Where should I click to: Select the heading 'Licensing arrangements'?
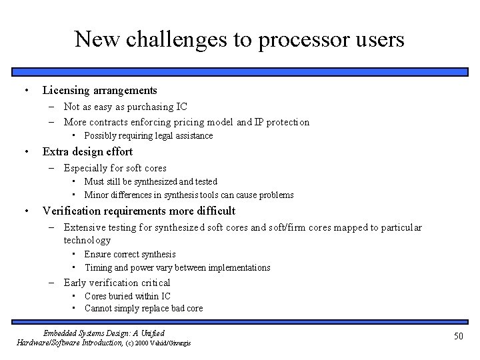(100, 90)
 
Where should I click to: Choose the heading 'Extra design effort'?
(87, 151)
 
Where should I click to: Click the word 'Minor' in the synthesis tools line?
(97, 195)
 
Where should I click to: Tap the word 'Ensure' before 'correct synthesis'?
(98, 254)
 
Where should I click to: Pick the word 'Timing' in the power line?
(99, 268)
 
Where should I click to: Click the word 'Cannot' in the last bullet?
(99, 309)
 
